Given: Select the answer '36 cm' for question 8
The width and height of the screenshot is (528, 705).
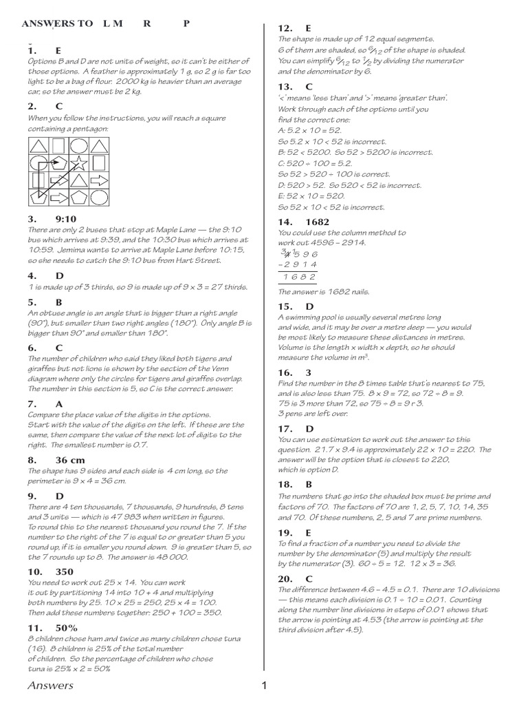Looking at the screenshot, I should [x=70, y=460].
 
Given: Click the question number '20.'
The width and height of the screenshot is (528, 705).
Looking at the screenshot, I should [x=285, y=579].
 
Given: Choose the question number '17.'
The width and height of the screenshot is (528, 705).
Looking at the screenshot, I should [x=285, y=428].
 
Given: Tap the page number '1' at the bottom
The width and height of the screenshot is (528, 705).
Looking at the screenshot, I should [x=263, y=685].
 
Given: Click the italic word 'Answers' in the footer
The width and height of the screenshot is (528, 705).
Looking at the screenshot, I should [x=50, y=686].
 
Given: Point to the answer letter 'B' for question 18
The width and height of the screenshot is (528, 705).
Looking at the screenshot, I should [x=309, y=485].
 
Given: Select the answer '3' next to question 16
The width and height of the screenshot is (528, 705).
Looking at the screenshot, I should [x=309, y=372].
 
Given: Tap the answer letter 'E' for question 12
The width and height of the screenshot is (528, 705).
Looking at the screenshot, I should [x=309, y=28].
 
